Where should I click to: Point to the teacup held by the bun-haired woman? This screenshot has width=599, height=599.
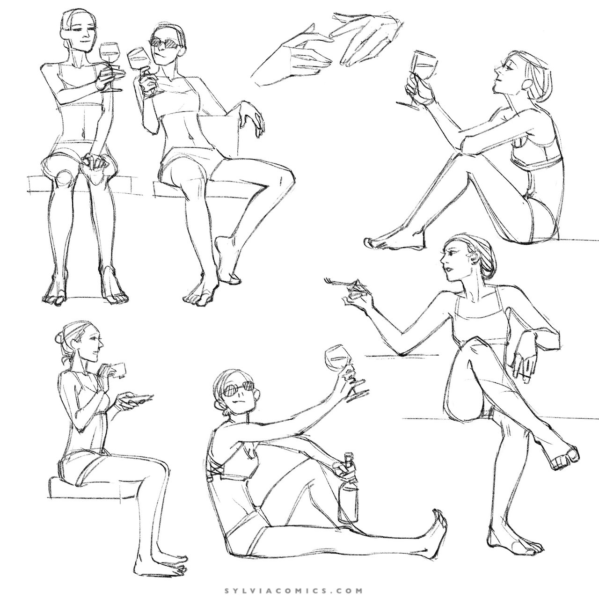[117, 370]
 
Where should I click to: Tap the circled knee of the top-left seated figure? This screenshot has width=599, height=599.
[65, 179]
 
